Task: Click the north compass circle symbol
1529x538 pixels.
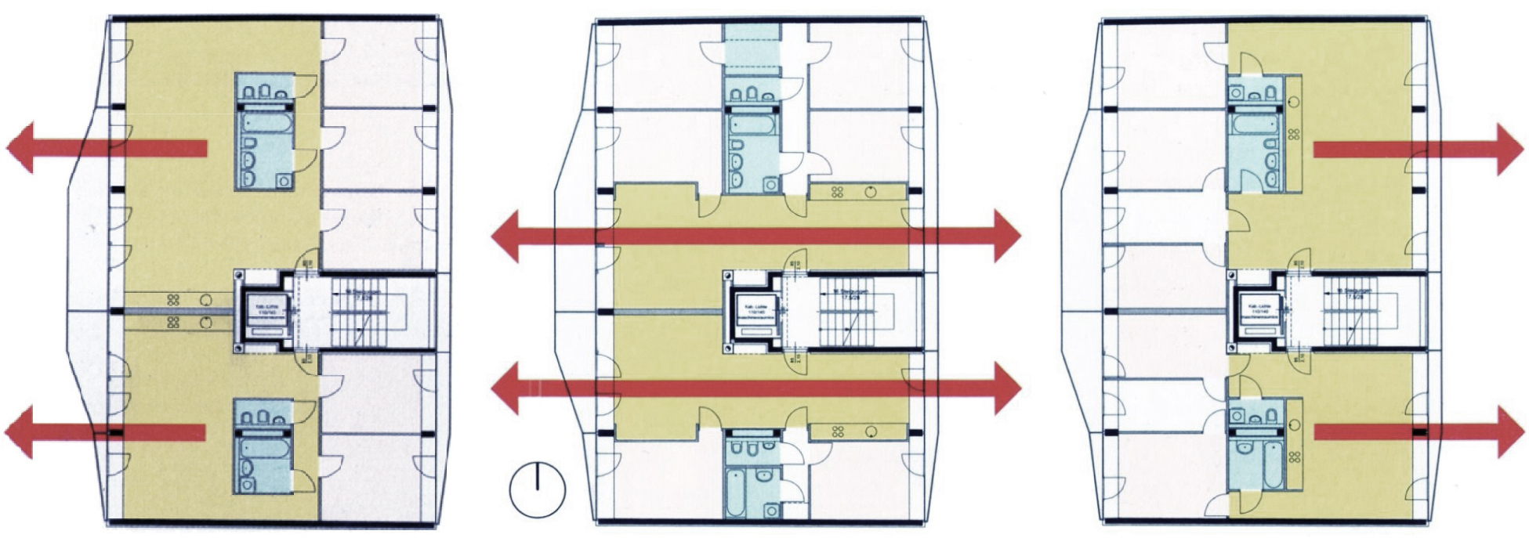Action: point(538,489)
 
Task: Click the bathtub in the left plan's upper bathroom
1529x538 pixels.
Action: point(267,123)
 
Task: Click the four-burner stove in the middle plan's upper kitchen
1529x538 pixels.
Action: point(838,191)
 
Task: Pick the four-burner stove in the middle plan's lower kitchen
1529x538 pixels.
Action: point(838,431)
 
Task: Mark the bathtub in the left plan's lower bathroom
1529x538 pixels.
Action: point(266,448)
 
